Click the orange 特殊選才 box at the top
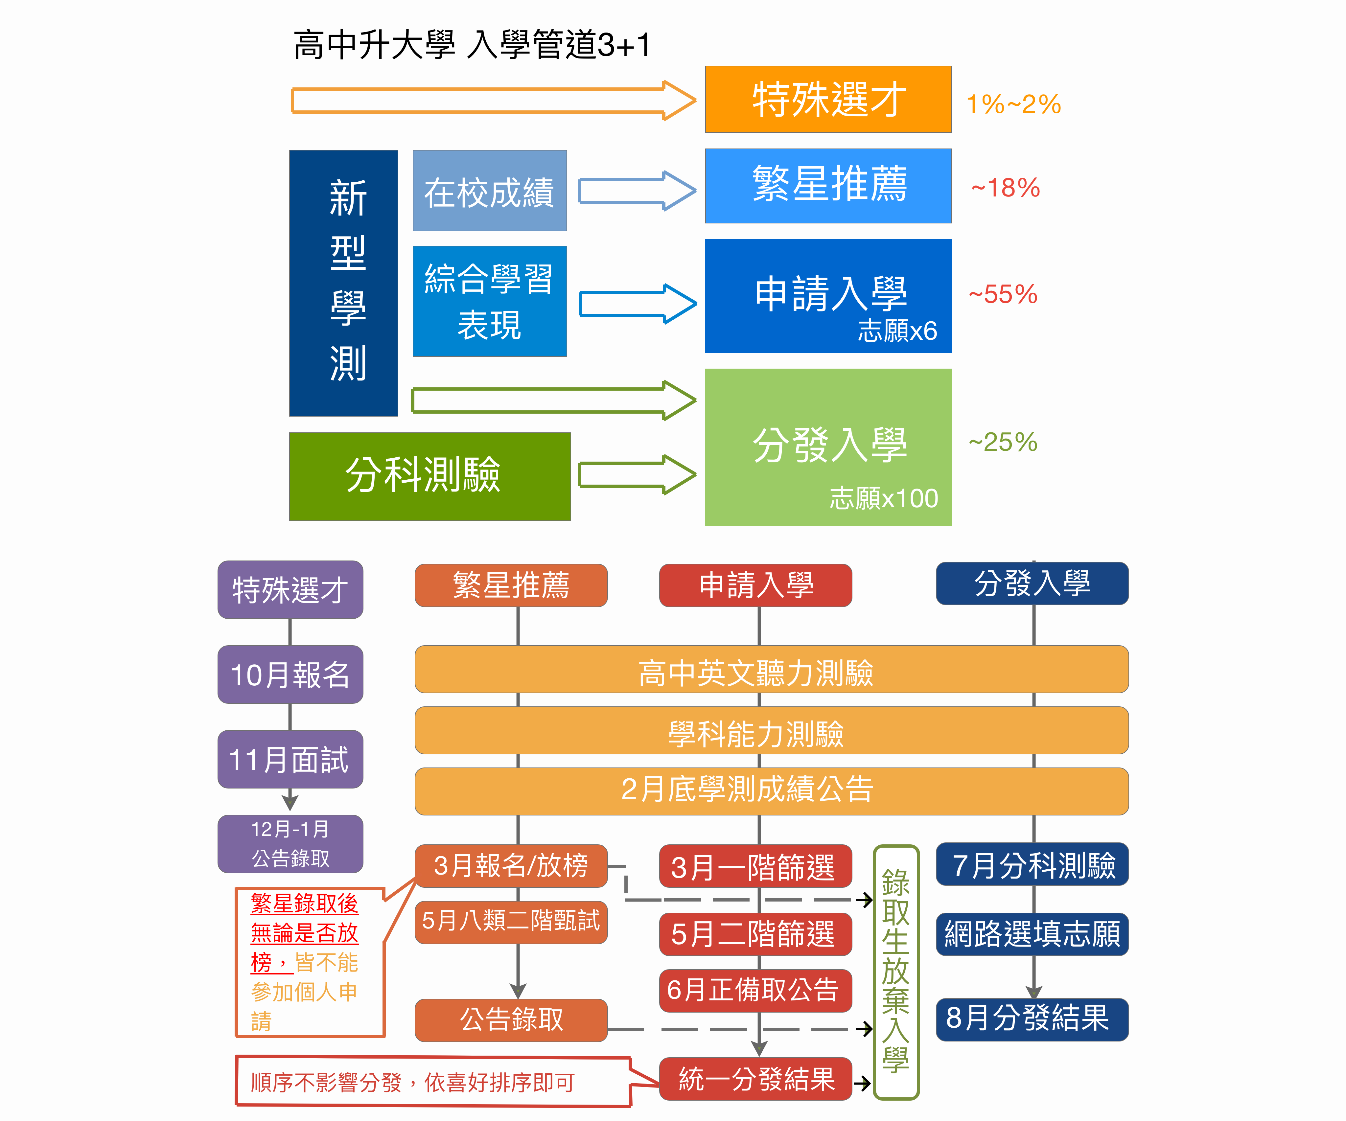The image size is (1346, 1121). [x=828, y=99]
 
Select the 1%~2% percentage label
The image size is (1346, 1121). [x=1013, y=104]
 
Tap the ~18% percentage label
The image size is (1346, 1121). [x=1005, y=188]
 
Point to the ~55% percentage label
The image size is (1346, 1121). [x=1003, y=294]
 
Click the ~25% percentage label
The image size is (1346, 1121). [x=1003, y=442]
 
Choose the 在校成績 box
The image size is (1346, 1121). [x=490, y=190]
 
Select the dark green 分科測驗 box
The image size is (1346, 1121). [x=429, y=476]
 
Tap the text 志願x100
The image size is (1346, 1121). [x=884, y=498]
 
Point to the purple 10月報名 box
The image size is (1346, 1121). [x=290, y=674]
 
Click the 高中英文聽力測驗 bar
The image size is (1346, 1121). [x=772, y=669]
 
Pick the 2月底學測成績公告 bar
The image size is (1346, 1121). [x=772, y=791]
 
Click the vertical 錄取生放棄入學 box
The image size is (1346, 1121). [x=896, y=972]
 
